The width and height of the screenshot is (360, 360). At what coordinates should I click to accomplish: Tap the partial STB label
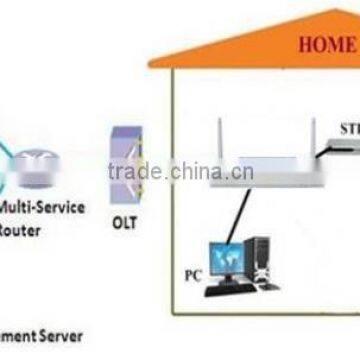coord(347,128)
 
